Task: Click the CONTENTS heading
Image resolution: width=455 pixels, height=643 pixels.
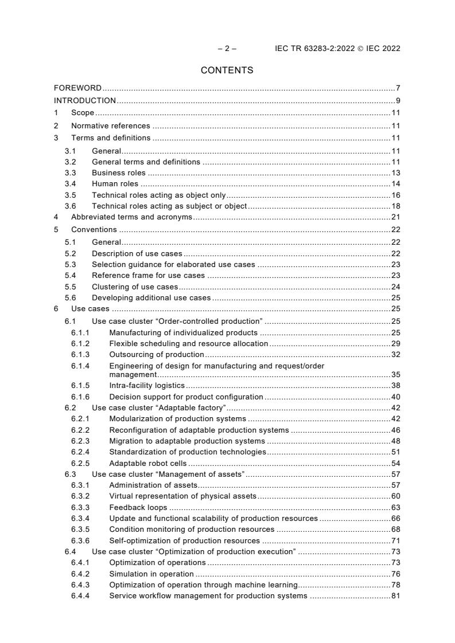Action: coord(227,70)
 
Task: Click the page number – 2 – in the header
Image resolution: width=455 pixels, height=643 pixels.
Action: coord(227,49)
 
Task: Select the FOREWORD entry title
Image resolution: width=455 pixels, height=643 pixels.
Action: coord(77,88)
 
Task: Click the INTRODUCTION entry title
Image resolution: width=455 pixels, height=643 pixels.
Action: coord(85,101)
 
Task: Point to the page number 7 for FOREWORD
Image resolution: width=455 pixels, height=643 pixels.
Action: coord(398,88)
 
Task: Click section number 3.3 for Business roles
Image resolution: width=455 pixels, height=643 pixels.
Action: coord(70,173)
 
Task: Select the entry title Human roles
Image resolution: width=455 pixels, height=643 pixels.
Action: coord(115,184)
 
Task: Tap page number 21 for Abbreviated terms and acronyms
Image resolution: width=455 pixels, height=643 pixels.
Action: coord(395,217)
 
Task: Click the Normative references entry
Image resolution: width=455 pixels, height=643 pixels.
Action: coord(110,126)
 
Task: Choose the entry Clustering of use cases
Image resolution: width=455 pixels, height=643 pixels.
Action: coord(135,287)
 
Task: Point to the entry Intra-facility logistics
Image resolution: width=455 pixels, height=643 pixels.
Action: coord(146,385)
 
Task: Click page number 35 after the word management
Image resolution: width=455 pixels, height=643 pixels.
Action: coord(395,374)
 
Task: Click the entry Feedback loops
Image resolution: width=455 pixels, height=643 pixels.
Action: coord(138,507)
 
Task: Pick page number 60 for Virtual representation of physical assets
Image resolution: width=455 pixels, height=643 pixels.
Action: coord(395,496)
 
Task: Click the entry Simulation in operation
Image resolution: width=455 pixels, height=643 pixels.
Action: coord(151,574)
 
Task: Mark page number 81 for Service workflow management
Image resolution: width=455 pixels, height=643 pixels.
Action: coord(395,596)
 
